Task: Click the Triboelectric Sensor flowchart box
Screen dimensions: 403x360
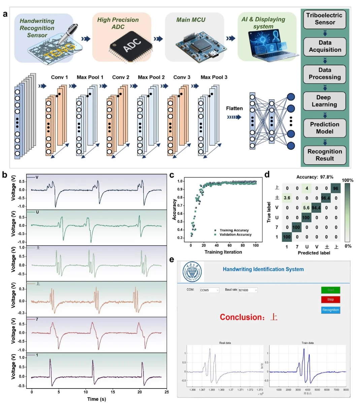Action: (325, 19)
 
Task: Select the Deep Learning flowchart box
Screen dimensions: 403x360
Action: (325, 101)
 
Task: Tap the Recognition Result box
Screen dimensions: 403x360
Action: (325, 155)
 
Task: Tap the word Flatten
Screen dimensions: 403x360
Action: (234, 108)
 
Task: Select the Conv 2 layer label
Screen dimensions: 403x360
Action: (121, 77)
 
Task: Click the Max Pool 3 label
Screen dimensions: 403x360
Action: (214, 77)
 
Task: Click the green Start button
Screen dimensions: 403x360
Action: (330, 290)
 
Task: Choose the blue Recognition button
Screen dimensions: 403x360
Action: (330, 310)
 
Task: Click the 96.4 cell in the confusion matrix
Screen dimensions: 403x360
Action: (326, 198)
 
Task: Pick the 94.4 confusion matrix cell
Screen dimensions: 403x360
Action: (316, 208)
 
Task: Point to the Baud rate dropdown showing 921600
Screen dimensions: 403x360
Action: (248, 290)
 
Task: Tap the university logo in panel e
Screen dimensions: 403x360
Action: (192, 272)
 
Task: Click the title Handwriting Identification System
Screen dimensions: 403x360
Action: (263, 269)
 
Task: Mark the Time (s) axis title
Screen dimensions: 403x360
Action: (97, 399)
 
